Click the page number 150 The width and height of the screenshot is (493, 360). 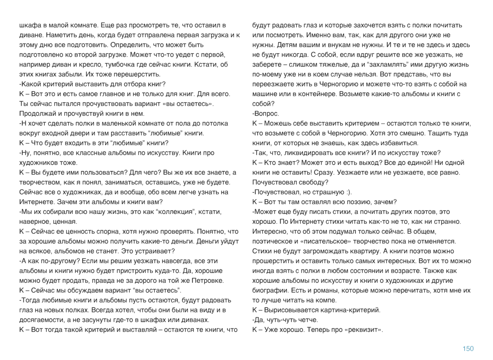(x=468, y=349)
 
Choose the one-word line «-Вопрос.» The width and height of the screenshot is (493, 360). (x=265, y=113)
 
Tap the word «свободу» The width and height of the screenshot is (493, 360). (x=314, y=182)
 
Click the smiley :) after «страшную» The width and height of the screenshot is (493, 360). (x=346, y=192)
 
